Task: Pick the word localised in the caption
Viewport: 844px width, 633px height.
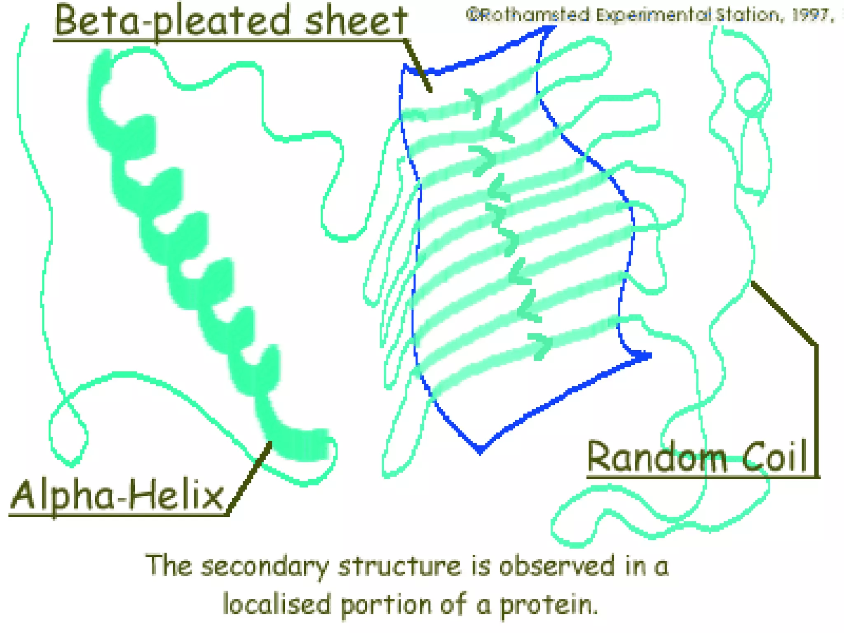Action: [277, 604]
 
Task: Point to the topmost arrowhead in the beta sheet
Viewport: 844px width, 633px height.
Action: [475, 102]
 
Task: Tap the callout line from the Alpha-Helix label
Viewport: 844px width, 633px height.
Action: [250, 478]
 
